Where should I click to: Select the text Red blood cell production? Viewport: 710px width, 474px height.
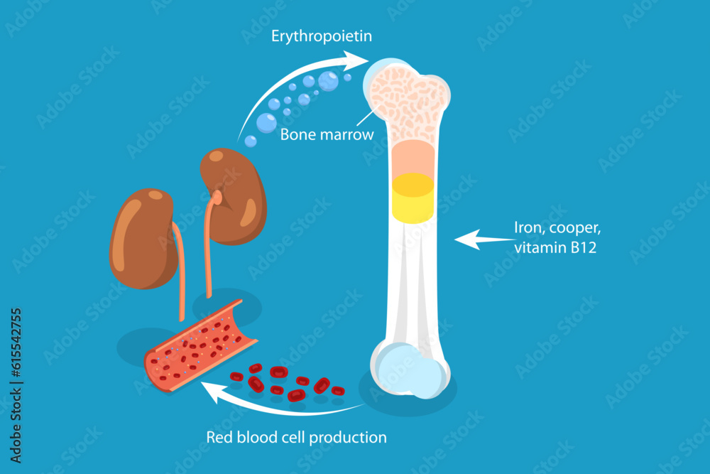[297, 437]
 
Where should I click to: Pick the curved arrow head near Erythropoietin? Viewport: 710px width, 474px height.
[355, 61]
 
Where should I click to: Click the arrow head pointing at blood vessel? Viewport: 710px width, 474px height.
[209, 388]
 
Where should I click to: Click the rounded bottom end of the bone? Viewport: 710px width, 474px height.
[410, 370]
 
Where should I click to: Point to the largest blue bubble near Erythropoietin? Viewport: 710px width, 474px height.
[328, 81]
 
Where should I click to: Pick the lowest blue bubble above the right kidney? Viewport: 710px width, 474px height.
[251, 141]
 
